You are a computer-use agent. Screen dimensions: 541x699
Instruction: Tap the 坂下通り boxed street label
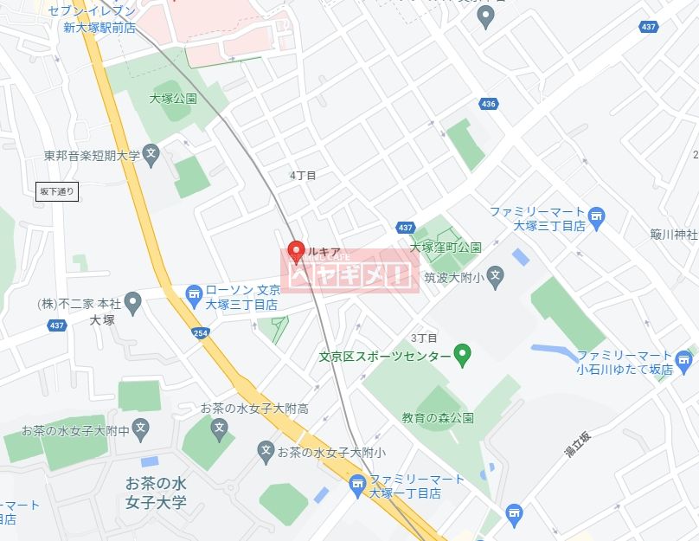pos(58,191)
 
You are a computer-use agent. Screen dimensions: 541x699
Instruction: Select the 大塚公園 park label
pos(172,99)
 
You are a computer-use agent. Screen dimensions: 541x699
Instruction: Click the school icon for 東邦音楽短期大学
pos(151,156)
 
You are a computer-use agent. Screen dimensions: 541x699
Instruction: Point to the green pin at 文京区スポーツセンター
pos(463,355)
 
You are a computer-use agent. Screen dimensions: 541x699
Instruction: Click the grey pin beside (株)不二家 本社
pos(132,303)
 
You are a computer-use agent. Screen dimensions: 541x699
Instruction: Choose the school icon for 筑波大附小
pos(495,278)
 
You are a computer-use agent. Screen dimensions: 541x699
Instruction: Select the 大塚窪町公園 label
pos(446,247)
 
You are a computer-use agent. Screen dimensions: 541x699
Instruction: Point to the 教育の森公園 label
pos(437,418)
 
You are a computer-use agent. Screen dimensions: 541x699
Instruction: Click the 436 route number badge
pos(488,105)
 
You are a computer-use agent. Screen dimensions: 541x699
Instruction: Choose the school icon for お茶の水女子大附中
pos(141,428)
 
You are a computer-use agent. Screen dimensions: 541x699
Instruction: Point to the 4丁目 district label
pos(303,175)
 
